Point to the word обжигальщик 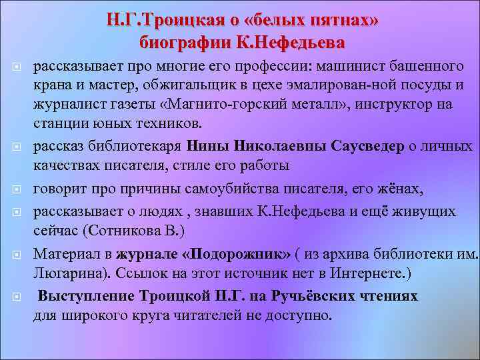[x=206, y=86]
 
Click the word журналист [x=65, y=105]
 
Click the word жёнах [x=401, y=190]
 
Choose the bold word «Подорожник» [x=236, y=254]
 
